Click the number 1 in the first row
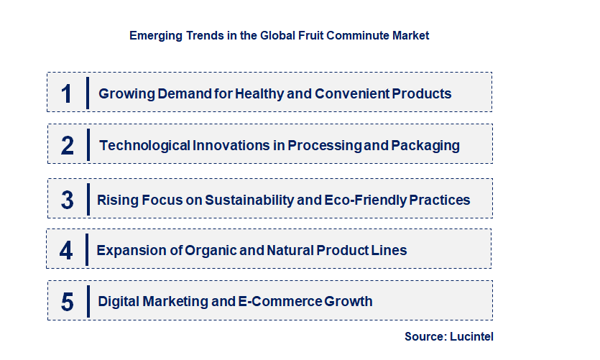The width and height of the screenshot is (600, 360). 67,93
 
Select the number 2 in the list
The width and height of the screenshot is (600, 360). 67,146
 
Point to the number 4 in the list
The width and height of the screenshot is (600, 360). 66,251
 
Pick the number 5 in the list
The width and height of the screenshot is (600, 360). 67,302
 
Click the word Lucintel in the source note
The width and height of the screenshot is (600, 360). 471,336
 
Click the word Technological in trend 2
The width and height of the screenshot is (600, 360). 144,146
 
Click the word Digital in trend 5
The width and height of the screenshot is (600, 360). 120,302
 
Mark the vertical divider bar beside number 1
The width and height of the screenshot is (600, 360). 88,93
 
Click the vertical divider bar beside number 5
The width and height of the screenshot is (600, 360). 88,302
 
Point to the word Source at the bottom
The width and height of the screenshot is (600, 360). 425,336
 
